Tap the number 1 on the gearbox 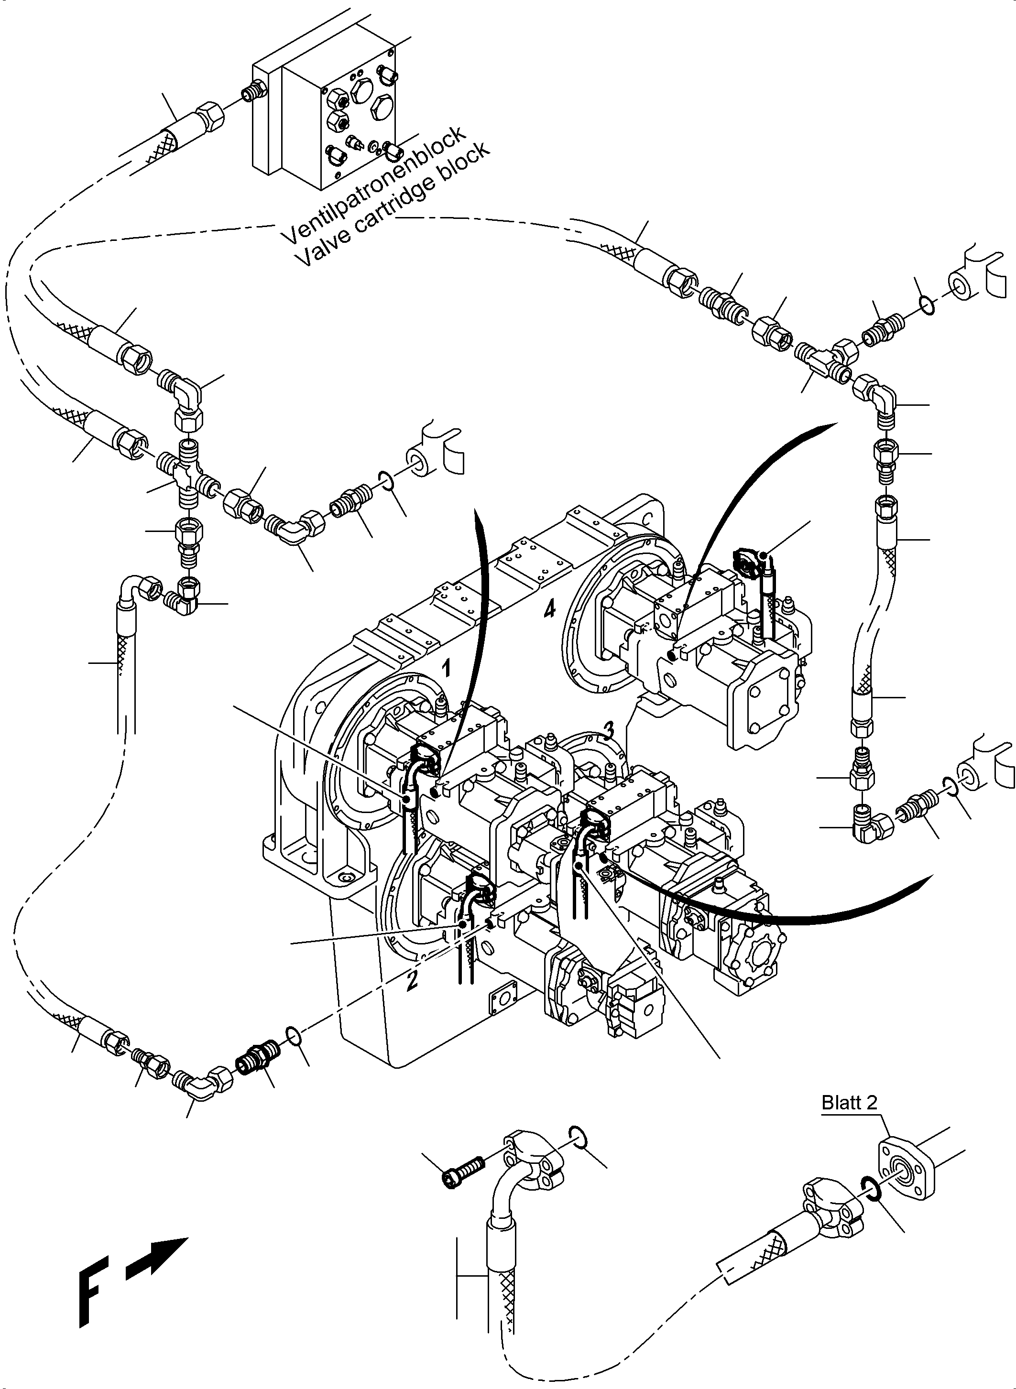tap(448, 668)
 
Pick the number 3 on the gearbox tap(608, 730)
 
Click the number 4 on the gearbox tap(549, 610)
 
